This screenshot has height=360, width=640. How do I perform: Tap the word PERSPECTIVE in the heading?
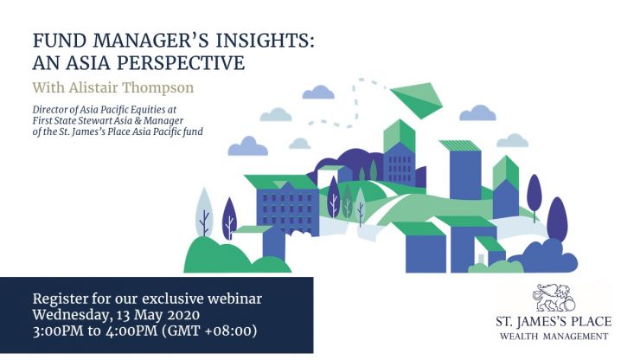point(181,63)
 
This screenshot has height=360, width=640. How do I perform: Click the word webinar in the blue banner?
point(234,299)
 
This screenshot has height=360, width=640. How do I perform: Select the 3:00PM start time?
point(58,331)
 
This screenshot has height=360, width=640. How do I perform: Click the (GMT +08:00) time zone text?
point(209,331)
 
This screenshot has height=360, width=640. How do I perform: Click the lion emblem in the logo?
point(554,298)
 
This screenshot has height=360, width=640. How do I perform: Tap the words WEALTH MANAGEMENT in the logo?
point(554,337)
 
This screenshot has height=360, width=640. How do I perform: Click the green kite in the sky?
point(417,99)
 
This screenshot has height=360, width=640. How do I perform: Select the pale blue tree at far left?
point(204,212)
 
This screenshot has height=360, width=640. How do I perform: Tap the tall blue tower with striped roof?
point(464,170)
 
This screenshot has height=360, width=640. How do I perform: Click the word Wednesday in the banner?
point(71,316)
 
